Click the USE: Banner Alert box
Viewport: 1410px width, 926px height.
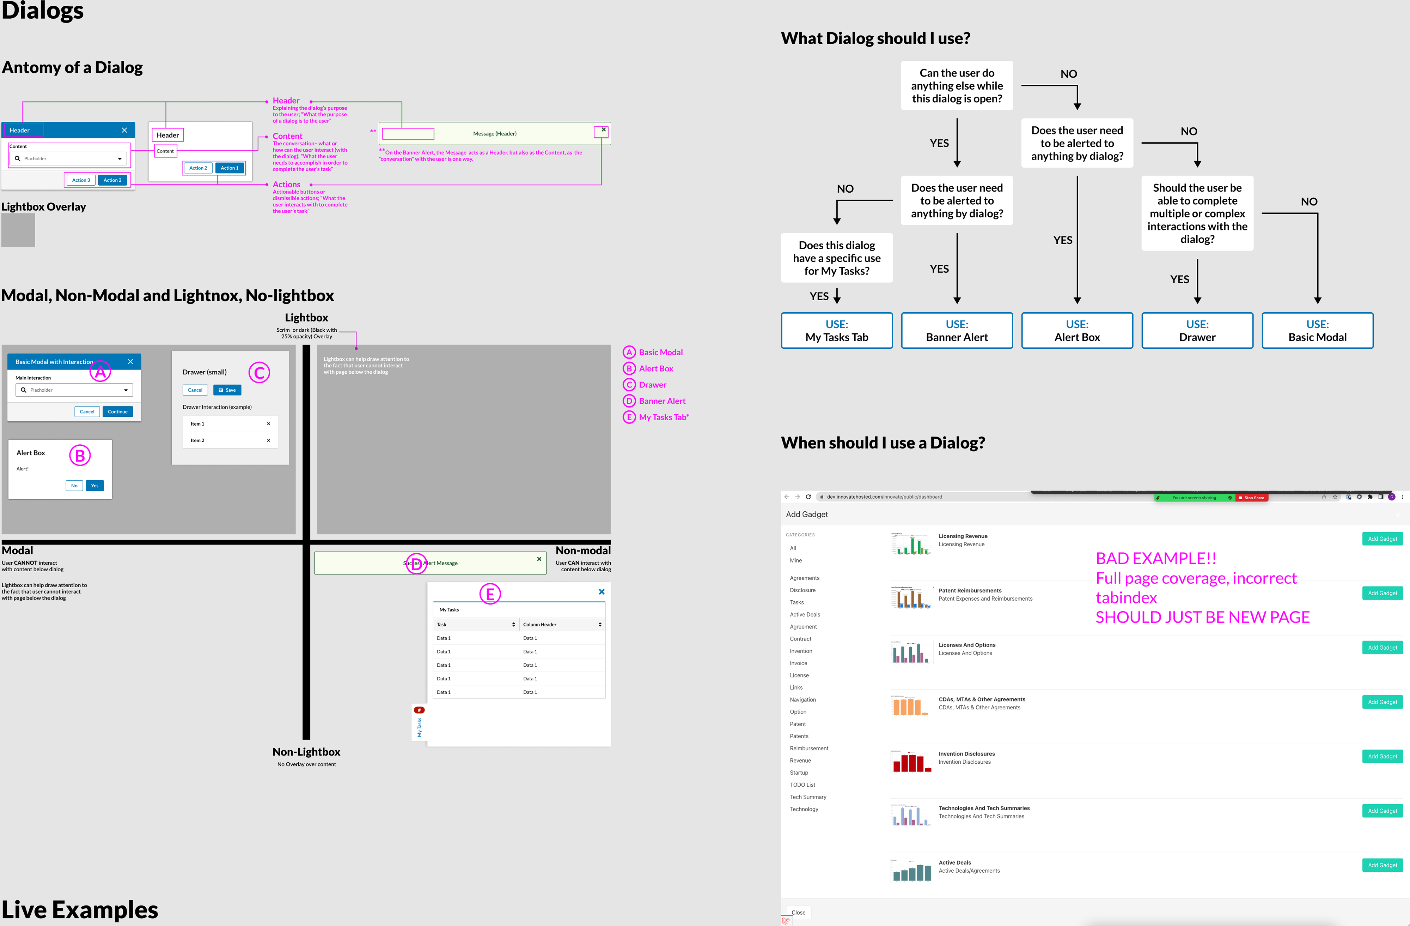click(957, 330)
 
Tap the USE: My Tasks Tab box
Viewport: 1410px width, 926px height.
click(837, 330)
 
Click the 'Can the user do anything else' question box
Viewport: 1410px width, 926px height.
click(957, 85)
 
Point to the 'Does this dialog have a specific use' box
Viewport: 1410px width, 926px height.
click(837, 258)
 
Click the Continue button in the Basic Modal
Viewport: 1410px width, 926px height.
click(117, 411)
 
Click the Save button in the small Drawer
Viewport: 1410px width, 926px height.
click(227, 390)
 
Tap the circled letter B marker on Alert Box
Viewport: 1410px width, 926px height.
click(80, 455)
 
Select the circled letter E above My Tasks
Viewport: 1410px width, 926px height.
click(490, 594)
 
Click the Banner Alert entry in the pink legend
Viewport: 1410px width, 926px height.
click(662, 401)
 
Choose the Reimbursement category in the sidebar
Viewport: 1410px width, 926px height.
click(809, 748)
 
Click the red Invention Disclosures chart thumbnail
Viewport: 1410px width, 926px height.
click(911, 760)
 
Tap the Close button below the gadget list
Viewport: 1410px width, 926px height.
click(798, 912)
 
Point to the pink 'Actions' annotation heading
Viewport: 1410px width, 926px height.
click(286, 184)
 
